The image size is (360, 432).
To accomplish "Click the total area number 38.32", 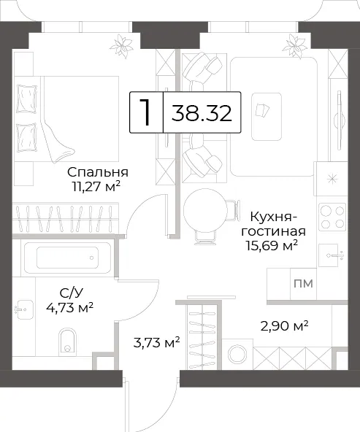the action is pyautogui.click(x=202, y=113).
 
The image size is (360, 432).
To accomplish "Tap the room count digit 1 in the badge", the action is pyautogui.click(x=145, y=112).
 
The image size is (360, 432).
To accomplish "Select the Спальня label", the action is pyautogui.click(x=98, y=172).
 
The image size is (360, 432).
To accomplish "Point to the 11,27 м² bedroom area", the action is pyautogui.click(x=96, y=187).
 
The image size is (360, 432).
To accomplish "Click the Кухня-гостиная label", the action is pyautogui.click(x=273, y=224).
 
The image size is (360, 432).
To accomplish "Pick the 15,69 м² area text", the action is pyautogui.click(x=272, y=245).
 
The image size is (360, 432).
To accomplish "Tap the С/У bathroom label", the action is pyautogui.click(x=71, y=293).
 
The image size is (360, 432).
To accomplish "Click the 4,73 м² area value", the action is pyautogui.click(x=69, y=307).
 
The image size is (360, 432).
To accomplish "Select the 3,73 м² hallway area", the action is pyautogui.click(x=156, y=343).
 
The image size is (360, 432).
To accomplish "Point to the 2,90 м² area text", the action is pyautogui.click(x=284, y=326).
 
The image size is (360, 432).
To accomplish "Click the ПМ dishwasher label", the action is pyautogui.click(x=303, y=283).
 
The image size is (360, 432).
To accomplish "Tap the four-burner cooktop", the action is pyautogui.click(x=332, y=217).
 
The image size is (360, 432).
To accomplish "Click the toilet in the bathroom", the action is pyautogui.click(x=67, y=342).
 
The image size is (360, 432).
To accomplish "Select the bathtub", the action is pyautogui.click(x=67, y=258).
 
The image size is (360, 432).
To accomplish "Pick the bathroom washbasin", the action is pyautogui.click(x=24, y=309).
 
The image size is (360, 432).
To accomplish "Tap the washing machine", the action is pyautogui.click(x=237, y=355).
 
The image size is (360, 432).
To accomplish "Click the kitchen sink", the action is pyautogui.click(x=331, y=255).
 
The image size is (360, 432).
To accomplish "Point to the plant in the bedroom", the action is pyautogui.click(x=121, y=46).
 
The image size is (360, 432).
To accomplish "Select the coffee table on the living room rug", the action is pyautogui.click(x=267, y=117).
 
